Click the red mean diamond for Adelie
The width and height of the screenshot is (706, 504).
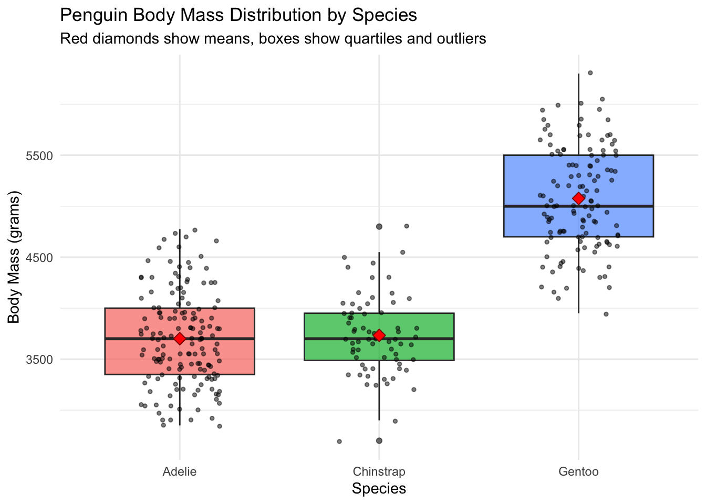pos(180,339)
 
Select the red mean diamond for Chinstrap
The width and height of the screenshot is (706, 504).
pos(379,335)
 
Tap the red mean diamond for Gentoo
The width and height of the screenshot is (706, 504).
pos(578,198)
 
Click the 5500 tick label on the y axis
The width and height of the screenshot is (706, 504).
pos(39,156)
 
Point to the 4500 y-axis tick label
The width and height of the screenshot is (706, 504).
pos(39,258)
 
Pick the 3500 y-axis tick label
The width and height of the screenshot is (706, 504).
pos(39,360)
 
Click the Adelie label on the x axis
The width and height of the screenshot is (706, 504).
pos(180,471)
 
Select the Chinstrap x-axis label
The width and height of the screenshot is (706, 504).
pos(379,471)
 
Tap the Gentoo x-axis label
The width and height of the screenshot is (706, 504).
pos(578,471)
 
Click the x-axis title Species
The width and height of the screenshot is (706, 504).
pos(379,489)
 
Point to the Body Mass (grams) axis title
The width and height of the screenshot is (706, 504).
pos(14,257)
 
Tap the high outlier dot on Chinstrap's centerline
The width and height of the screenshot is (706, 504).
pos(379,227)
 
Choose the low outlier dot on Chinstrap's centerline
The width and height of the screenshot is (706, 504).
pos(379,440)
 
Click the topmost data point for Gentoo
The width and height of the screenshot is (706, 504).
pos(590,73)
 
